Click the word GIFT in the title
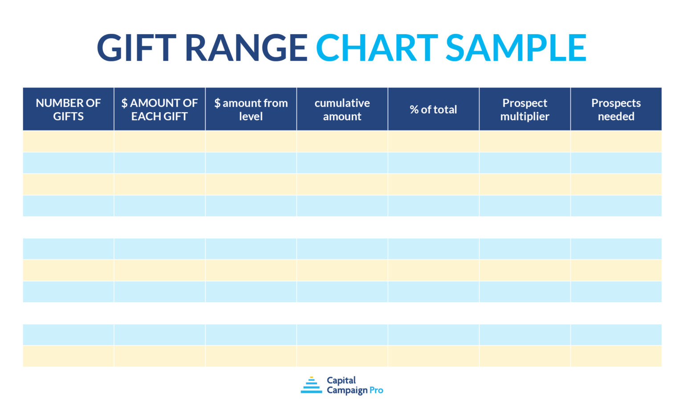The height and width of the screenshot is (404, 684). (x=136, y=48)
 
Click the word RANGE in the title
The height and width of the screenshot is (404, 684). (x=246, y=48)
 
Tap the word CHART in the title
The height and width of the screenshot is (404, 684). (x=377, y=48)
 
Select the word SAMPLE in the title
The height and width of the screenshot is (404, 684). (x=516, y=48)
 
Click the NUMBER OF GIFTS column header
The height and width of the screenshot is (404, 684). (x=68, y=109)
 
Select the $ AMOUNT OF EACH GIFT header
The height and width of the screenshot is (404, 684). (x=159, y=109)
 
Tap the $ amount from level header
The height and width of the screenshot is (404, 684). (x=251, y=109)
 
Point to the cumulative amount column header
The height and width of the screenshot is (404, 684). (x=342, y=109)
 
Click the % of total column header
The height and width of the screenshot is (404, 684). (x=433, y=109)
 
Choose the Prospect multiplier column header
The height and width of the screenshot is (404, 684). (x=525, y=109)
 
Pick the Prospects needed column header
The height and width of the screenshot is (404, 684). (x=616, y=109)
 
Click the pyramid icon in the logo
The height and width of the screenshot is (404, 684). (x=311, y=385)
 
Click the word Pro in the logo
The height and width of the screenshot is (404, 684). (x=376, y=390)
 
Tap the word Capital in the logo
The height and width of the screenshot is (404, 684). (x=341, y=380)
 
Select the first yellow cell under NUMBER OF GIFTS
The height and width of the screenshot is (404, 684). (x=68, y=141)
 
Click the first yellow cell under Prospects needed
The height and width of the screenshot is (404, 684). (x=616, y=141)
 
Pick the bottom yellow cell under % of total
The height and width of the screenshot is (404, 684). (x=433, y=356)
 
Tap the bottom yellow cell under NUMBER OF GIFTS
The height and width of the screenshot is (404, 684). (x=68, y=356)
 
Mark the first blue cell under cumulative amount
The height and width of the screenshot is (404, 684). (x=342, y=162)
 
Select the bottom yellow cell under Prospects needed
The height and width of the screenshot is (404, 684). (x=616, y=356)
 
